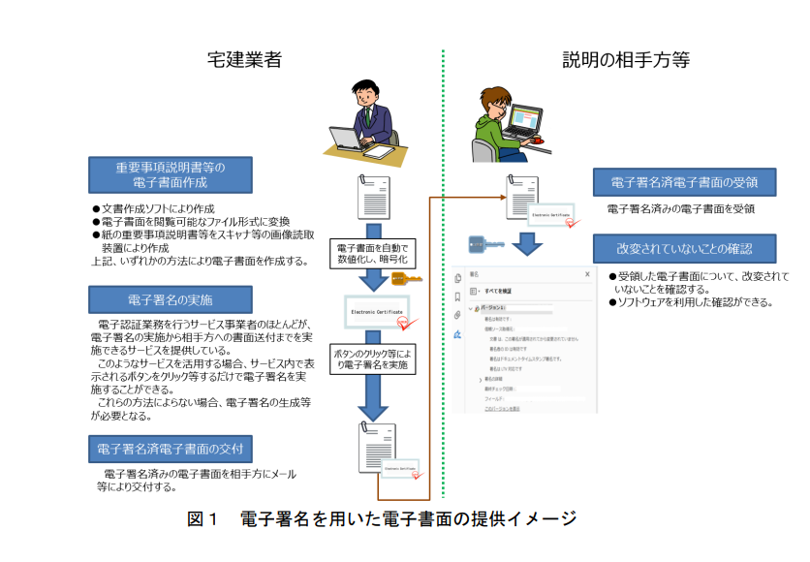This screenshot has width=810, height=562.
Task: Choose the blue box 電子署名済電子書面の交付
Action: pos(171,449)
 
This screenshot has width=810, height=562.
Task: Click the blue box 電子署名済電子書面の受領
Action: pos(684,182)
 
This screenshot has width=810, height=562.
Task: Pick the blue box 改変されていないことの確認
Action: pos(684,248)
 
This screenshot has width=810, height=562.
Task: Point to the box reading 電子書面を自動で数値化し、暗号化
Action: pos(372,254)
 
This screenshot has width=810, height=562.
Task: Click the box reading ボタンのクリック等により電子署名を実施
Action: pos(372,359)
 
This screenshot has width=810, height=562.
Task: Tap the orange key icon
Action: pos(404,280)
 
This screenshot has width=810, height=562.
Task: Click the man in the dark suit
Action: pos(373,114)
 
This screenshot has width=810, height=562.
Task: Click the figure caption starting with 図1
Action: pos(382,518)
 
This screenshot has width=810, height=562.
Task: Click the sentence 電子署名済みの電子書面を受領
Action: pos(681,208)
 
